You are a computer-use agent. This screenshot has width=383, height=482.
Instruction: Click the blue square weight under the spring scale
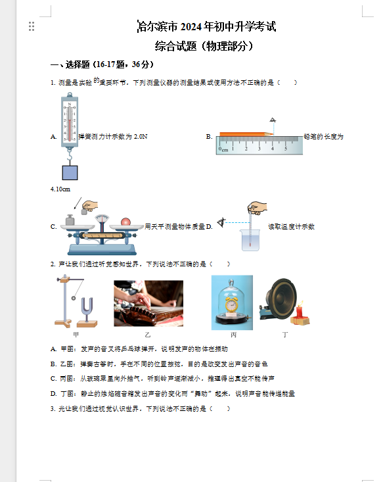click(69, 172)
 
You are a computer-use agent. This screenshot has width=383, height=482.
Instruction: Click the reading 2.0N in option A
click(140, 137)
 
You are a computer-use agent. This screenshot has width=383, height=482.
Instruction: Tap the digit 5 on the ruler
click(284, 149)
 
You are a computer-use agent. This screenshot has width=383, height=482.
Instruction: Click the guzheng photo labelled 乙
click(148, 303)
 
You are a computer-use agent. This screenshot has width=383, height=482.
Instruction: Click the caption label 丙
click(233, 335)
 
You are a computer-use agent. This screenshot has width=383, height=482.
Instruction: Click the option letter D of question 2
click(53, 393)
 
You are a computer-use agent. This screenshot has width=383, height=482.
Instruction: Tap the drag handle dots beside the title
click(32, 26)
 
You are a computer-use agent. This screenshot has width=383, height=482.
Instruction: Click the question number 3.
click(52, 409)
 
